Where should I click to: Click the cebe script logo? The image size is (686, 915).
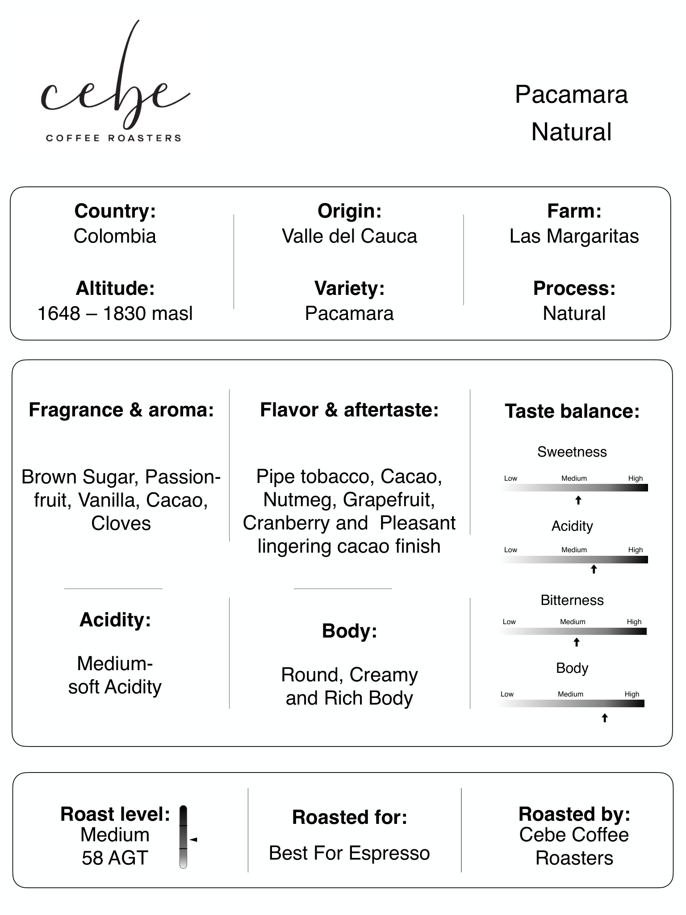115,76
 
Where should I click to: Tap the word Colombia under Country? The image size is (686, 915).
115,236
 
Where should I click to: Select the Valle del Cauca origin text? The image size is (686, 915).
349,236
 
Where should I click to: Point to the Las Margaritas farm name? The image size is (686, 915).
574,236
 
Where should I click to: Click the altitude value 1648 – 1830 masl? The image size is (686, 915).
115,313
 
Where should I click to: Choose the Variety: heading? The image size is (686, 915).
349,288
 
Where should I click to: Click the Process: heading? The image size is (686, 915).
574,288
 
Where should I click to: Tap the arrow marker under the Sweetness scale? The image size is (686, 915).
578,500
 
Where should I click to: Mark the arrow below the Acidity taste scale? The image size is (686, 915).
594,569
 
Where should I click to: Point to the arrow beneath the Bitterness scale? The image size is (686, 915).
577,642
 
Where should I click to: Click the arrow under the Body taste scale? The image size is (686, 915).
605,718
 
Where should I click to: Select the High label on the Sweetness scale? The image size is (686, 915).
635,478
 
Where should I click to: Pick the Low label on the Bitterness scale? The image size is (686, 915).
509,621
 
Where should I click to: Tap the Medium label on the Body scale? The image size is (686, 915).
570,694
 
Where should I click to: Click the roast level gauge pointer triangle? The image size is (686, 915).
193,839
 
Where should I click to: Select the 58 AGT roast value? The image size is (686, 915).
115,858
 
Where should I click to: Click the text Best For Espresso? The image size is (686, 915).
349,853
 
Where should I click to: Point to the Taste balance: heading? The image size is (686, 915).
572,411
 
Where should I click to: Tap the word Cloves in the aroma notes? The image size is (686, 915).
121,523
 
